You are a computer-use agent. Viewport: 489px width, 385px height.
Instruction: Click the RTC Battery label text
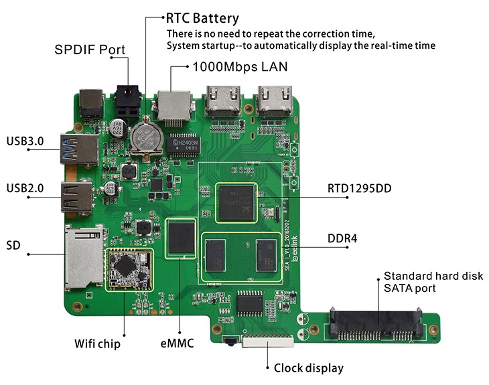[202, 18]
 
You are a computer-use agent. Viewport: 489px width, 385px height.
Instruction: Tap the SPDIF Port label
[89, 50]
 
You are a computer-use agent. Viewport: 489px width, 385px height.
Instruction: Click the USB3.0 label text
[25, 141]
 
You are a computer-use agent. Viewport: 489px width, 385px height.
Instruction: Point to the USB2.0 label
[25, 188]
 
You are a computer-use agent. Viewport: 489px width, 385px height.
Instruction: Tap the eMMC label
[178, 344]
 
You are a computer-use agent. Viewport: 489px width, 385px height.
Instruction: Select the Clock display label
[308, 368]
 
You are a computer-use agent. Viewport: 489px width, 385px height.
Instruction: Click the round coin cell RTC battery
[145, 137]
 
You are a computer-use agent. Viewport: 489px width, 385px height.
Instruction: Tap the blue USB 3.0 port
[80, 147]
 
